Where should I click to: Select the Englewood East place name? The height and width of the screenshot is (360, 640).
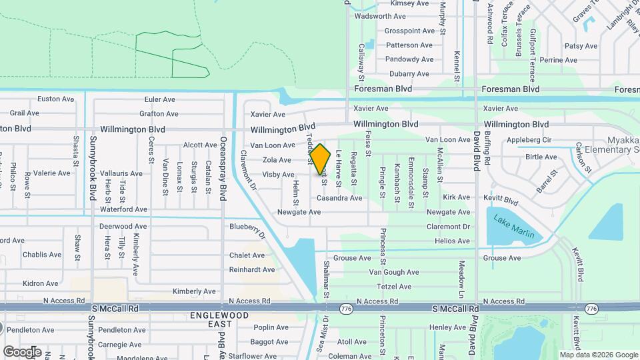click(x=219, y=319)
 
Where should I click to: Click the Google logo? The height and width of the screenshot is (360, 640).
click(x=22, y=351)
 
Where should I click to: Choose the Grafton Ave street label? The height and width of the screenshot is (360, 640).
click(x=159, y=114)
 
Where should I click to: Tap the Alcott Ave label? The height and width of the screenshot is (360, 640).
click(x=200, y=145)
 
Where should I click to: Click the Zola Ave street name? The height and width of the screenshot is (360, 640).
click(x=277, y=160)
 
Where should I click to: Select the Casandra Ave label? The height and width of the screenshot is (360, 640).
click(x=339, y=198)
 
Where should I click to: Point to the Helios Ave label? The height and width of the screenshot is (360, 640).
click(x=452, y=241)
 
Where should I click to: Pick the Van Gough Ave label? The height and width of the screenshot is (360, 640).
click(x=393, y=272)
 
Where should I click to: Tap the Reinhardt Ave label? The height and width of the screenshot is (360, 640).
click(x=251, y=270)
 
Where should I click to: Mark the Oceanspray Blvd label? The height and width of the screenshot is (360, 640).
click(x=224, y=169)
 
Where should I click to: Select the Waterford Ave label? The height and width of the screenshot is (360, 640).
click(x=123, y=209)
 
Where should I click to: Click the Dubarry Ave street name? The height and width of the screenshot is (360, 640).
click(x=409, y=74)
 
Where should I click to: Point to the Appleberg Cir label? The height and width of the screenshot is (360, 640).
click(x=529, y=141)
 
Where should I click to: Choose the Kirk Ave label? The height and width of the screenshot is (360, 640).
click(x=457, y=197)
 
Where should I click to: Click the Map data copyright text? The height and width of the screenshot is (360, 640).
click(x=598, y=355)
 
